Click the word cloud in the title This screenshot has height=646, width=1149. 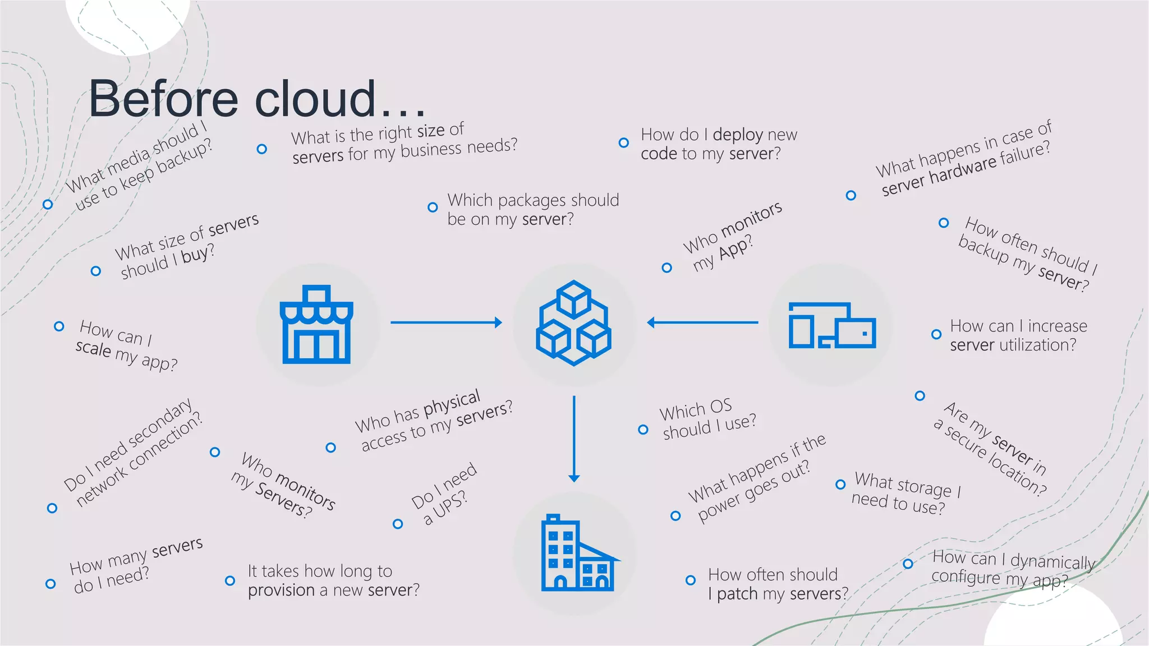click(x=315, y=99)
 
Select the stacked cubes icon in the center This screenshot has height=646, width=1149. click(x=573, y=323)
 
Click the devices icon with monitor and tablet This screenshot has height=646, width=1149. click(x=832, y=325)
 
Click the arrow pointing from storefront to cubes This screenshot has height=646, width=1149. click(x=446, y=322)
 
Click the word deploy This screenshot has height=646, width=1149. click(x=737, y=135)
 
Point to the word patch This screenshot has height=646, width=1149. click(x=737, y=594)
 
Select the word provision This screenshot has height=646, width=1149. click(x=281, y=590)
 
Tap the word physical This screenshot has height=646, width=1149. click(x=452, y=403)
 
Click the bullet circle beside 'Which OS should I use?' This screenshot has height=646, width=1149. click(x=643, y=430)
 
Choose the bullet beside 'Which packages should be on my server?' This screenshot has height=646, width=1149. click(x=433, y=207)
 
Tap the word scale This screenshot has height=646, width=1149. click(x=93, y=348)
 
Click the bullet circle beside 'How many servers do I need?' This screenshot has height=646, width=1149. click(x=50, y=584)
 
